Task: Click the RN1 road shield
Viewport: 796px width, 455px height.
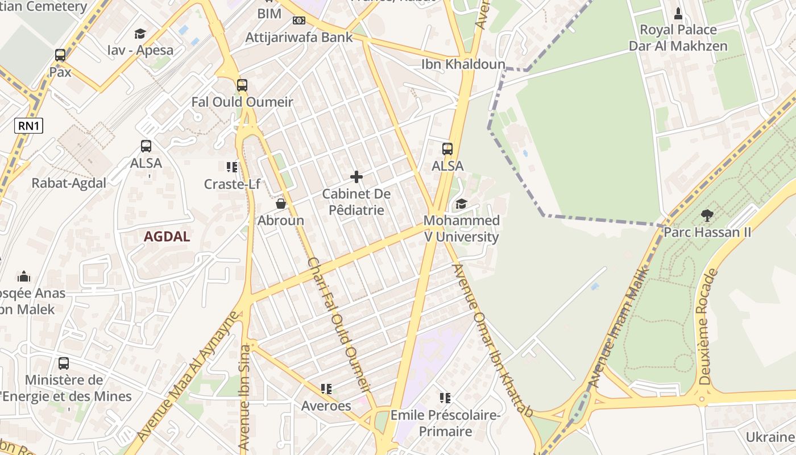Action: coord(29,126)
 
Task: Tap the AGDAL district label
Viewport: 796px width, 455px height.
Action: coord(167,237)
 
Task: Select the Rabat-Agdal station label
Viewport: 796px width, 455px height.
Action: coord(69,183)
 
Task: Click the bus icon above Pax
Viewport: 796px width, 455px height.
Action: coord(60,55)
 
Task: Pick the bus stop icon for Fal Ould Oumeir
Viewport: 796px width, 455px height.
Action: coord(242,85)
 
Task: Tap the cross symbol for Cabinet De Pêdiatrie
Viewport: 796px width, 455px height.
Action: coord(356,177)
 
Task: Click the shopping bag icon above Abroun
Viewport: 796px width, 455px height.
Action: coord(280,204)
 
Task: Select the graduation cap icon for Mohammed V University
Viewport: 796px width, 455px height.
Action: coord(461,204)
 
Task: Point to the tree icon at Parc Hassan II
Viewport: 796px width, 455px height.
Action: coord(707,216)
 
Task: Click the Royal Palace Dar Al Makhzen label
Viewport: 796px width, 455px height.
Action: coord(678,38)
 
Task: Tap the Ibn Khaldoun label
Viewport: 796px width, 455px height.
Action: coord(463,64)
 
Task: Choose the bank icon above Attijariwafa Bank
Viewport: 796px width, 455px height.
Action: coord(298,20)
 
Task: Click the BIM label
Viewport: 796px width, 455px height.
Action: coord(270,13)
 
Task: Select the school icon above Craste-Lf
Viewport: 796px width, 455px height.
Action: coord(231,167)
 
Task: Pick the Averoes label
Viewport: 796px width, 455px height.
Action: coord(326,406)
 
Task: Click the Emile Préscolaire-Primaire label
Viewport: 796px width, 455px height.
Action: coord(445,423)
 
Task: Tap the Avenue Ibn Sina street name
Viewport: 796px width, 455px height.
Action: coord(245,398)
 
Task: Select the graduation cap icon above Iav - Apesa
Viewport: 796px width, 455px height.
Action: coord(140,34)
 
